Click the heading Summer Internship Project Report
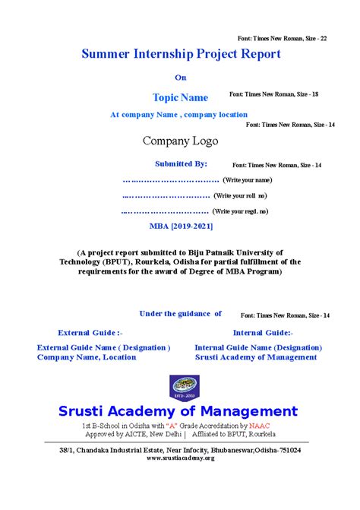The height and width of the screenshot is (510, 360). [181, 54]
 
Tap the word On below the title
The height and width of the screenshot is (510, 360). [180, 77]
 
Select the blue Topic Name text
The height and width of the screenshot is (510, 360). [180, 97]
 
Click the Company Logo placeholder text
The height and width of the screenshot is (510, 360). [180, 141]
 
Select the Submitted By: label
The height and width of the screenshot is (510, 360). [181, 163]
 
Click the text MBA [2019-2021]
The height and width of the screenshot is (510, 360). [181, 226]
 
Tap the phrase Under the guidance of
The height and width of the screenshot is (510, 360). [181, 313]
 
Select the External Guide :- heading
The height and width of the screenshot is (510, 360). [90, 332]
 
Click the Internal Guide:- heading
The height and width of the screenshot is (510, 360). [263, 332]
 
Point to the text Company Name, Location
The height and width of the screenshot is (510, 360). [87, 356]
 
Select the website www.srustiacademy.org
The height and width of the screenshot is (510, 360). [180, 458]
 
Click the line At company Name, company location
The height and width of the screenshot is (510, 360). [178, 115]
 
